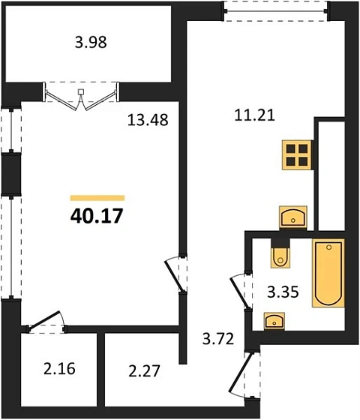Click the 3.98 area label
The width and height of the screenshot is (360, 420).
point(91,42)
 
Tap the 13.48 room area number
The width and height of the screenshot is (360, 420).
point(148,120)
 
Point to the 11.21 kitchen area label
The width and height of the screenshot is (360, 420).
point(255,115)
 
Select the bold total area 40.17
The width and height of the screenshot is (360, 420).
point(97,216)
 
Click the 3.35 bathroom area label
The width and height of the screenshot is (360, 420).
point(283,292)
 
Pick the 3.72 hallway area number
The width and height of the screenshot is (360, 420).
point(218,338)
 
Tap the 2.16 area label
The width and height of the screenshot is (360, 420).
point(59,369)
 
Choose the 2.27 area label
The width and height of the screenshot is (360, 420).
point(144,371)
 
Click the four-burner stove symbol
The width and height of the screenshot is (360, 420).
point(297,154)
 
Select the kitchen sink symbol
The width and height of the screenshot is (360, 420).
point(293,217)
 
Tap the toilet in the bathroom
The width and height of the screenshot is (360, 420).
point(280,253)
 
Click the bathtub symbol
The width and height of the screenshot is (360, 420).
point(328,273)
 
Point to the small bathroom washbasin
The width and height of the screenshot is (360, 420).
point(274,321)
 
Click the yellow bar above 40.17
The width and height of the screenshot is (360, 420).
point(97,198)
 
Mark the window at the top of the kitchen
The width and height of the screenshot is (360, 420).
point(276,11)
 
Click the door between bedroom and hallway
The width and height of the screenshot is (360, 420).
point(176,274)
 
